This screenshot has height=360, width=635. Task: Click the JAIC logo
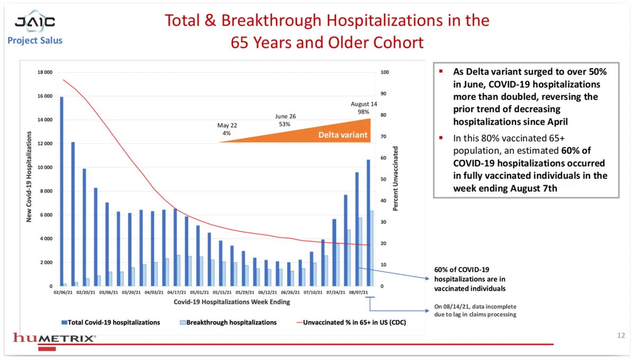[35, 22]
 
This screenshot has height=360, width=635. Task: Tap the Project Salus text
[35, 40]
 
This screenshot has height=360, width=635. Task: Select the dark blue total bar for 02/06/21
[61, 192]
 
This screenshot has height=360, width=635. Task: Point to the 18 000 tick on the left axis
[45, 73]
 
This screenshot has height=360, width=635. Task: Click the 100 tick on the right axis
[385, 73]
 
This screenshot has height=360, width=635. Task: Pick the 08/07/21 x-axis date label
[358, 292]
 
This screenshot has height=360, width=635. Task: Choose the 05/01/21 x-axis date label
[199, 292]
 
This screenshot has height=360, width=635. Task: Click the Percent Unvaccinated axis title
[395, 179]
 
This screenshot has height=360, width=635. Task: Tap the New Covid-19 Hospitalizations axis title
[29, 177]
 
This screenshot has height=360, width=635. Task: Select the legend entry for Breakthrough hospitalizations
[228, 322]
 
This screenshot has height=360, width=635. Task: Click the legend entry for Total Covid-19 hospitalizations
[111, 322]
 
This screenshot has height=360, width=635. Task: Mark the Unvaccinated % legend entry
[351, 322]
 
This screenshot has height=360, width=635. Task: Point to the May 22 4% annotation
[227, 129]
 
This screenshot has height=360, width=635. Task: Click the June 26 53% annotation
[285, 120]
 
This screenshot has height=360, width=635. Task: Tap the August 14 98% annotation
[364, 108]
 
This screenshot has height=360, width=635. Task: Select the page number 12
[621, 336]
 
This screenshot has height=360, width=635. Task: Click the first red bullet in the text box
[441, 71]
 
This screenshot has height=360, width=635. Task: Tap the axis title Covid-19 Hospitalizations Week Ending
[232, 302]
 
